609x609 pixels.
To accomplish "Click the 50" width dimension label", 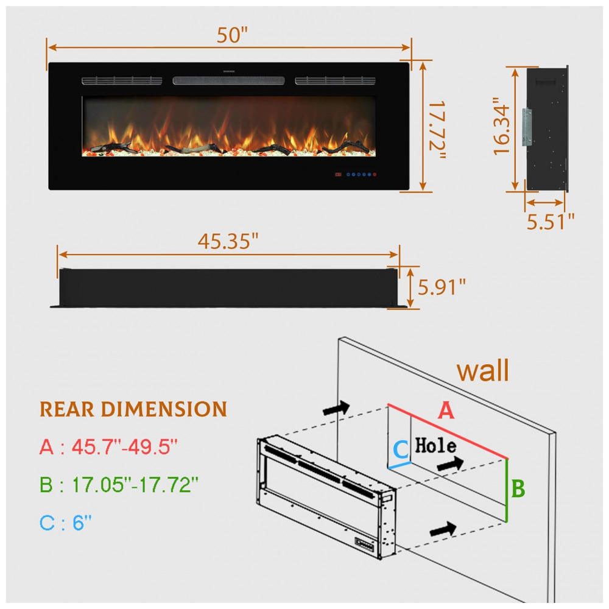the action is [232, 35].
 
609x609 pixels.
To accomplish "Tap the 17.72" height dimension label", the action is [437, 130].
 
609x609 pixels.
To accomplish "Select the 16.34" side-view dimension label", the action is [501, 127].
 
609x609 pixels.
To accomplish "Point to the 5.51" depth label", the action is [550, 222].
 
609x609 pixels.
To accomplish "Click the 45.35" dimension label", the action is [228, 241].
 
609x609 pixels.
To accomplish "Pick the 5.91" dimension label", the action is [441, 287].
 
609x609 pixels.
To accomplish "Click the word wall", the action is [483, 370].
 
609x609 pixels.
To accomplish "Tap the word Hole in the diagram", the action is [435, 445].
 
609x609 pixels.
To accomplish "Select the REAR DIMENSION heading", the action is [133, 409].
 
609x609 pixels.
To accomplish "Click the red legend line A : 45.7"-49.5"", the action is [108, 446].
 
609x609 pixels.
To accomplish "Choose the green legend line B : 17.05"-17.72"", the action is [119, 484].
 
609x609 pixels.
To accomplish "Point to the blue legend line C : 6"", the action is [66, 523].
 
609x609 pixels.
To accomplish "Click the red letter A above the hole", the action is [446, 410].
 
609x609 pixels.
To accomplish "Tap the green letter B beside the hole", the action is [518, 488].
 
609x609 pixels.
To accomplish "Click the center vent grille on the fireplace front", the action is [228, 80].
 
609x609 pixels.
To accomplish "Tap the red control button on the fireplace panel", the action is [375, 174].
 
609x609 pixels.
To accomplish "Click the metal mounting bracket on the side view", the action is [527, 127].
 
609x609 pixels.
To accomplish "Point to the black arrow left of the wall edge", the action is [336, 408].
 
